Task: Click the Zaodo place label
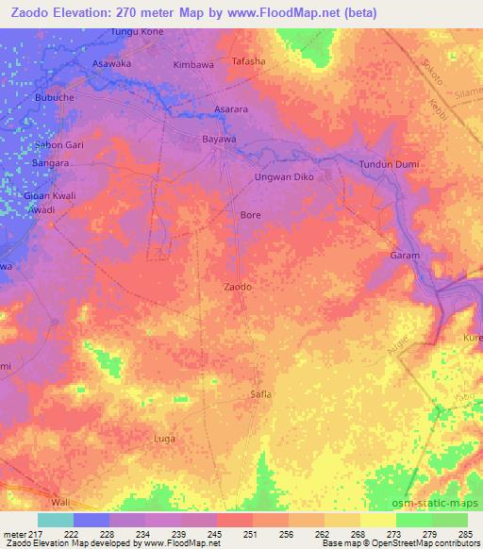coord(238,286)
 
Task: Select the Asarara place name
coord(231,109)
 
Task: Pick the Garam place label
coord(405,256)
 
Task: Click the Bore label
coord(250,215)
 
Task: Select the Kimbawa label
coord(193,65)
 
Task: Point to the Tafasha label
coord(249,61)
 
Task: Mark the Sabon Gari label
coord(59,144)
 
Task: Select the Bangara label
coord(52,163)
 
